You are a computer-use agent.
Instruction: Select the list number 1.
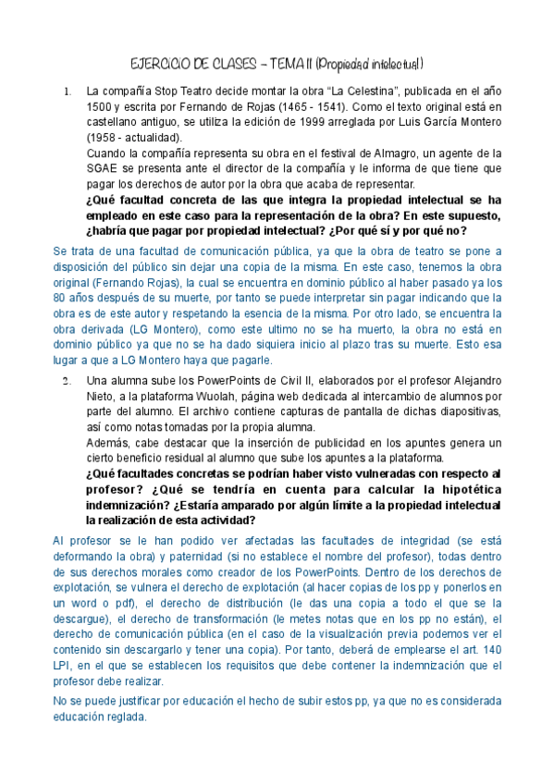[x=66, y=92]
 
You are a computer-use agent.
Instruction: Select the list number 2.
[x=66, y=381]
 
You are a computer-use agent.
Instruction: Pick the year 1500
[x=100, y=107]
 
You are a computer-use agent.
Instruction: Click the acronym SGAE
[x=103, y=168]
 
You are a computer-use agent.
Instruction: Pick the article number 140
[x=490, y=648]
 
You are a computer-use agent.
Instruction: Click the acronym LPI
[x=63, y=663]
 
